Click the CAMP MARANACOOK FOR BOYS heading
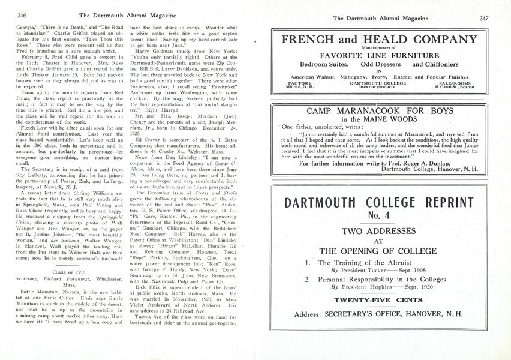click(381, 111)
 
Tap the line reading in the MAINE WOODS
click(381, 119)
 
